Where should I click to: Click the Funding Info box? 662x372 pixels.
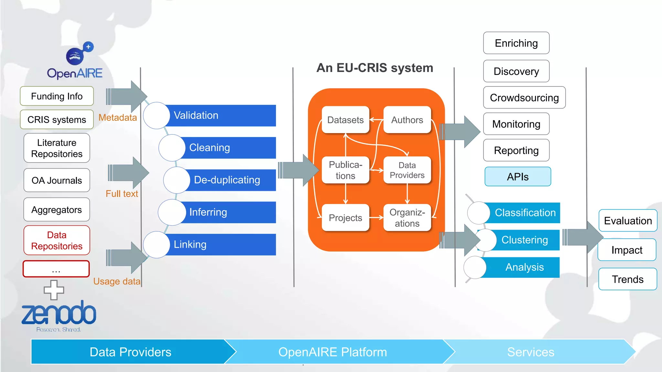tap(57, 96)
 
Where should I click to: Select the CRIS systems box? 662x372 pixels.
tap(57, 120)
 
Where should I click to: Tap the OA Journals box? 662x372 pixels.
tap(57, 180)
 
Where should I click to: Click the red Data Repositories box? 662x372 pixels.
tap(57, 241)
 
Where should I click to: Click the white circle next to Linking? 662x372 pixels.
tap(156, 245)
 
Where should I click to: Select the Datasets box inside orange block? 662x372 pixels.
tap(345, 120)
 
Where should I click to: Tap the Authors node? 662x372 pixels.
tap(407, 120)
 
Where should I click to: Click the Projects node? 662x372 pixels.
tap(345, 218)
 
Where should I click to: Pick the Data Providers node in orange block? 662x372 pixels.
tap(407, 170)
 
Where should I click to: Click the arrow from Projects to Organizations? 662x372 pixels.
tap(376, 218)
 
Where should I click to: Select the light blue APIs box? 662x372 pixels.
tap(518, 177)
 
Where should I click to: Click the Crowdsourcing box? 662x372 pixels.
tap(524, 98)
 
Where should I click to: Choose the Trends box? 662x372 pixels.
tap(627, 279)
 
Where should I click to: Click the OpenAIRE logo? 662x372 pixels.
tap(75, 61)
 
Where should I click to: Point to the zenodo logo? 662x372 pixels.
tap(59, 314)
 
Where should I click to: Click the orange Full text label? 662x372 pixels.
tap(122, 194)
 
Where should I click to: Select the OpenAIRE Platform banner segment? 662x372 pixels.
tap(333, 352)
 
